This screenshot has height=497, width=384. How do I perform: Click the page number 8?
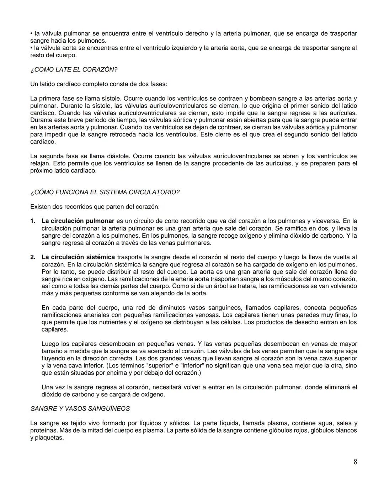[x=355, y=462]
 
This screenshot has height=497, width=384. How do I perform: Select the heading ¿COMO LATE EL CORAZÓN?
[x=74, y=70]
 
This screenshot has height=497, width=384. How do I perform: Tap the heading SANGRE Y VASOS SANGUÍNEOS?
[x=80, y=409]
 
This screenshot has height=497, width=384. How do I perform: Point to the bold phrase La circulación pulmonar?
[x=78, y=221]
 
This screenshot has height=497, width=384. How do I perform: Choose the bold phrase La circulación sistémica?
[x=78, y=257]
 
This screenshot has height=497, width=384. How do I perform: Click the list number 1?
[x=33, y=221]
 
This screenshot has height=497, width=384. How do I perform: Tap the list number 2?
[x=33, y=257]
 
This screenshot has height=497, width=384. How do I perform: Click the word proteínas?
[x=43, y=430]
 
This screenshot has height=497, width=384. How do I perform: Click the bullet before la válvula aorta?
[x=31, y=48]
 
